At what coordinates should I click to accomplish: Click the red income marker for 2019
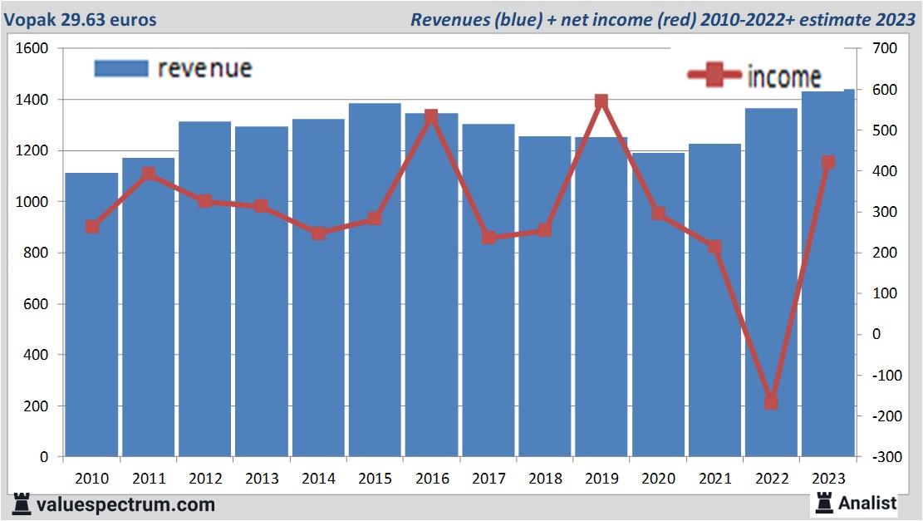click(x=601, y=102)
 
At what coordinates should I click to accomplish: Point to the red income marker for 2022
click(x=771, y=402)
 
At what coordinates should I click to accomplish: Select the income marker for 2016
click(x=431, y=116)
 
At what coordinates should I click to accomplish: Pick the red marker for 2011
click(x=148, y=174)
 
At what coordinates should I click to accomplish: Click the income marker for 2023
click(x=827, y=163)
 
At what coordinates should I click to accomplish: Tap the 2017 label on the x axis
click(x=488, y=479)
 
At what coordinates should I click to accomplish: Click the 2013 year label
click(x=261, y=479)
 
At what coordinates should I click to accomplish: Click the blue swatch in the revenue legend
click(x=121, y=68)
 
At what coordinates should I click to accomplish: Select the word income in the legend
click(x=784, y=76)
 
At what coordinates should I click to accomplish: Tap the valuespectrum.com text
click(x=125, y=504)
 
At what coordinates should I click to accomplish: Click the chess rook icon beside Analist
click(x=823, y=502)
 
